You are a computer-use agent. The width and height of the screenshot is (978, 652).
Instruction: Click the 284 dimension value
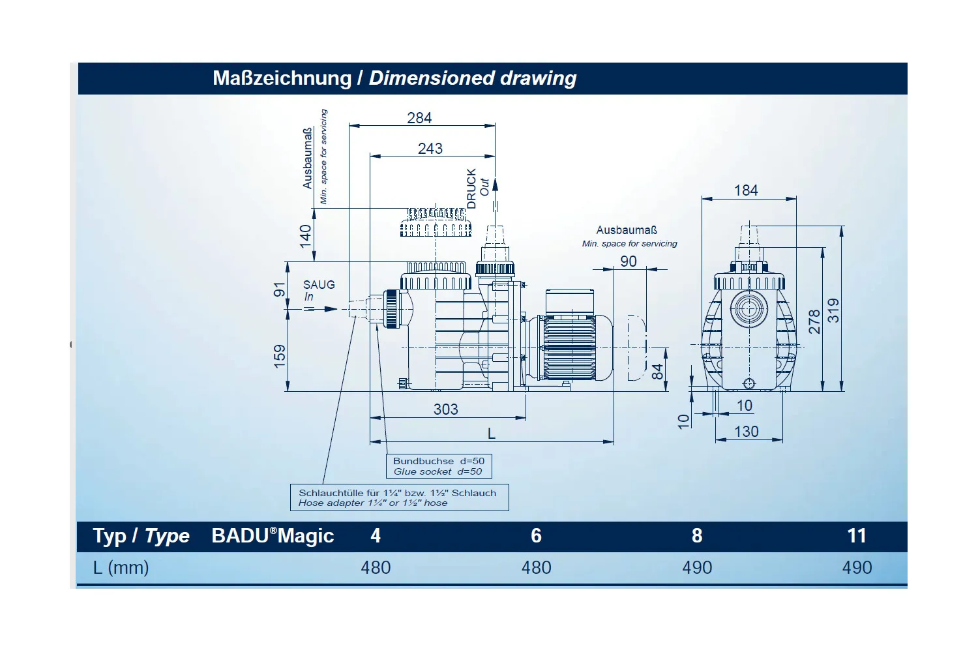pos(419,118)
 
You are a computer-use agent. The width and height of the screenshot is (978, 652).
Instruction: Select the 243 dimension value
pos(430,149)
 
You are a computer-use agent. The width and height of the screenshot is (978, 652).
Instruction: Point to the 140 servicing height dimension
pos(306,236)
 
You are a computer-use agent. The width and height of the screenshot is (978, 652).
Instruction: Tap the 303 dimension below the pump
pos(446,409)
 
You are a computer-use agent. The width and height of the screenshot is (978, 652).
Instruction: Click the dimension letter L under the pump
pos(492,434)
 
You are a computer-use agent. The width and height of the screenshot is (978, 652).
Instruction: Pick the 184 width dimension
pos(746,190)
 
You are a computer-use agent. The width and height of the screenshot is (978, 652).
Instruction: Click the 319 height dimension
pos(834,310)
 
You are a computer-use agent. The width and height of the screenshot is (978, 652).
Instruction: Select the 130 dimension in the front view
pos(747,432)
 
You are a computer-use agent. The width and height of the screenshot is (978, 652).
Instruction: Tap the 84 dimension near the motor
pos(658,372)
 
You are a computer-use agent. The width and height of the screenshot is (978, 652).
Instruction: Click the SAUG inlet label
pos(319,285)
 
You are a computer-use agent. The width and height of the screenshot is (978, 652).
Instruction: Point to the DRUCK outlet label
pos(472,188)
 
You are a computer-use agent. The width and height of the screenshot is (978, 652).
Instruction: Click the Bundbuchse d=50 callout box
pos(438,466)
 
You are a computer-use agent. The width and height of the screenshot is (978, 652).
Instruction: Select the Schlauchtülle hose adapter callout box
pos(399,497)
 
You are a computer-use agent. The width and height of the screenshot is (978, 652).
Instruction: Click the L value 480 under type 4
pos(376,567)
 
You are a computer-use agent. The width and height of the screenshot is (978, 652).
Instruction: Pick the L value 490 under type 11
pos(857,567)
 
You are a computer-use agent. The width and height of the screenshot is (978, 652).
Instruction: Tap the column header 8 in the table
pos(696,536)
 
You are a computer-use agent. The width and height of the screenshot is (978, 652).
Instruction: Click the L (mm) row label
pos(121,567)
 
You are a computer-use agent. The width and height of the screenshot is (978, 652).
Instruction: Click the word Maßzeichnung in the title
pos(282,78)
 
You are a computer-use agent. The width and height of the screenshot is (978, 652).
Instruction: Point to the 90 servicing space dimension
pos(629,261)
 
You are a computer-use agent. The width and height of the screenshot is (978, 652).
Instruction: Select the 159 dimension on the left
pos(280,356)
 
